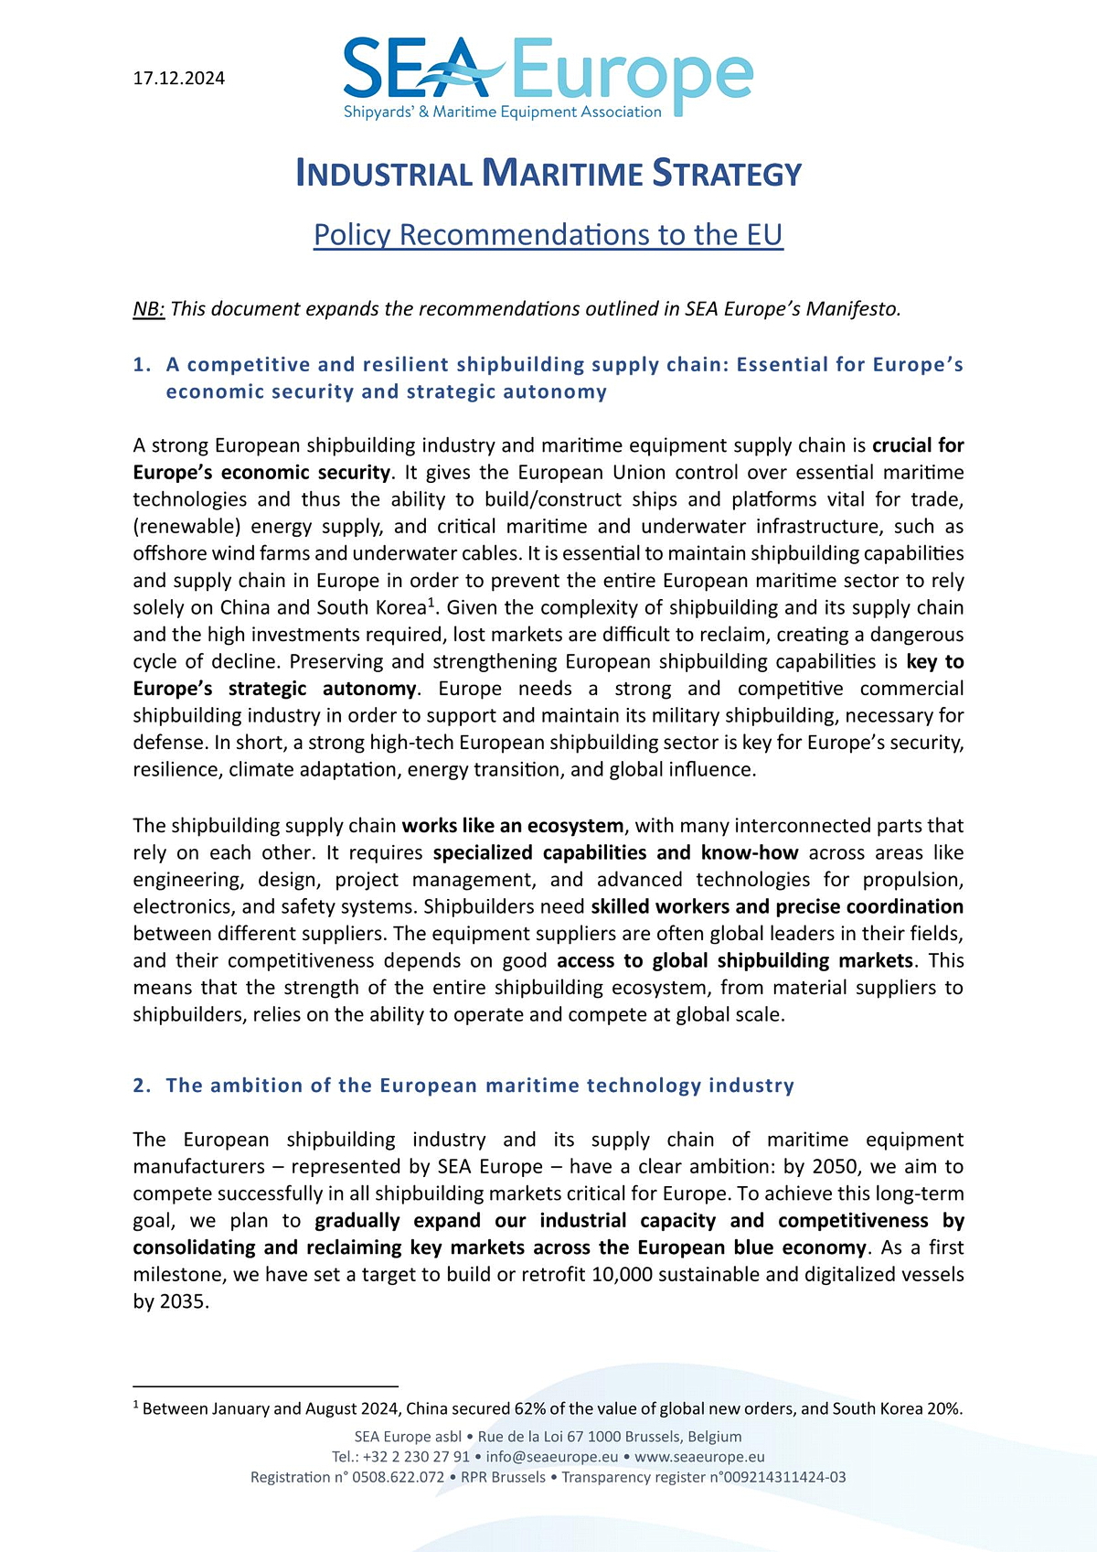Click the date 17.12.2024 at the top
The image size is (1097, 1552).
click(179, 79)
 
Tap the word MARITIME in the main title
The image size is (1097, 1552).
click(562, 174)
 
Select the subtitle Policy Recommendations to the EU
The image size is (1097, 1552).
click(548, 235)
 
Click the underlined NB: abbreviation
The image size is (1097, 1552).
click(149, 309)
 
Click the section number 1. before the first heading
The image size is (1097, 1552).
click(142, 365)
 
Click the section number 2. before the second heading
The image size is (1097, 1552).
click(142, 1086)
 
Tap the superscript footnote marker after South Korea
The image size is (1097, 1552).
click(431, 602)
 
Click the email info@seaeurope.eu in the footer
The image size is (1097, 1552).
click(552, 1457)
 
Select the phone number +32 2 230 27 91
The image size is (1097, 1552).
click(416, 1457)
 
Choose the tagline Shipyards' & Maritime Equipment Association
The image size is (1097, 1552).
click(502, 112)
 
